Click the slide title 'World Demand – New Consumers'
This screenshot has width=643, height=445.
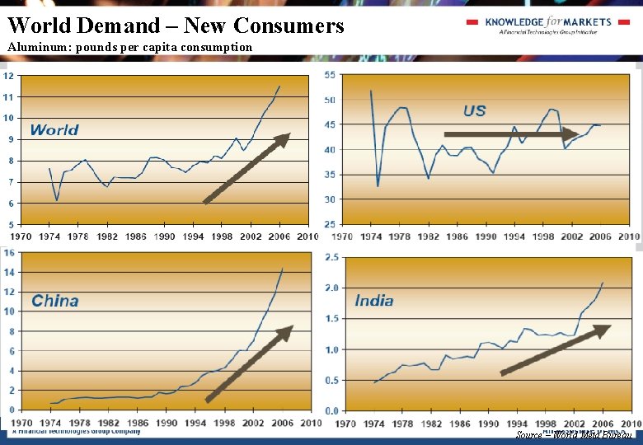[176, 26]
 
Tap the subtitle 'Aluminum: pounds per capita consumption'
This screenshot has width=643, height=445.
[130, 47]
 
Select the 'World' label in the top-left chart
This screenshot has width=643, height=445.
[54, 130]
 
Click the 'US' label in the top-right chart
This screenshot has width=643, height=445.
[475, 110]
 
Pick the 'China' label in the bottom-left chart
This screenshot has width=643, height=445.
[55, 301]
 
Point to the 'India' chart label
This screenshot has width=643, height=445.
[374, 301]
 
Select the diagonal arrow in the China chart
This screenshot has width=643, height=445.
[249, 363]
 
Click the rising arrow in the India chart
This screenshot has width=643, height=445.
[556, 350]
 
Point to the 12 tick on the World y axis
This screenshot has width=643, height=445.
[7, 76]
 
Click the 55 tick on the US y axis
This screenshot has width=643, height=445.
[330, 75]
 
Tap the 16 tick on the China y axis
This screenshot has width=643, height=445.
[9, 253]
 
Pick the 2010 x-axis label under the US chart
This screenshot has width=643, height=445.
[628, 237]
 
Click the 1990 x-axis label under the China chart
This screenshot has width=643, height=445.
[167, 424]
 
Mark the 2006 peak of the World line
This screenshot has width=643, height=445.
[280, 86]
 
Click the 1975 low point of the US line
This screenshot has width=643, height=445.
[378, 186]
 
